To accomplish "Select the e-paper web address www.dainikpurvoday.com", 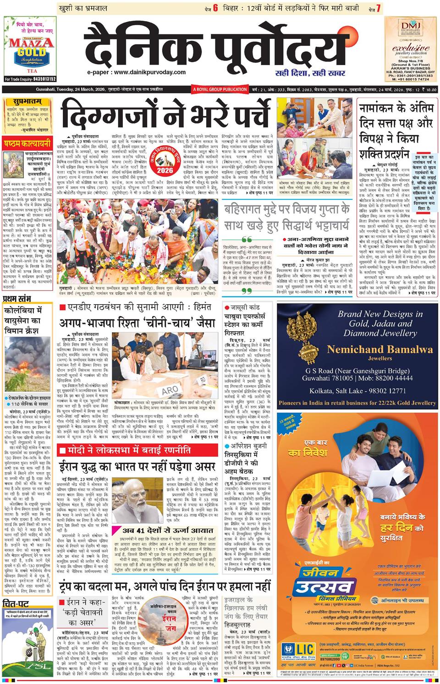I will tap(137, 72).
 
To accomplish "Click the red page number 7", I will tap(378, 9).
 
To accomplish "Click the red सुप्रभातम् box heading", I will tap(23, 104).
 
